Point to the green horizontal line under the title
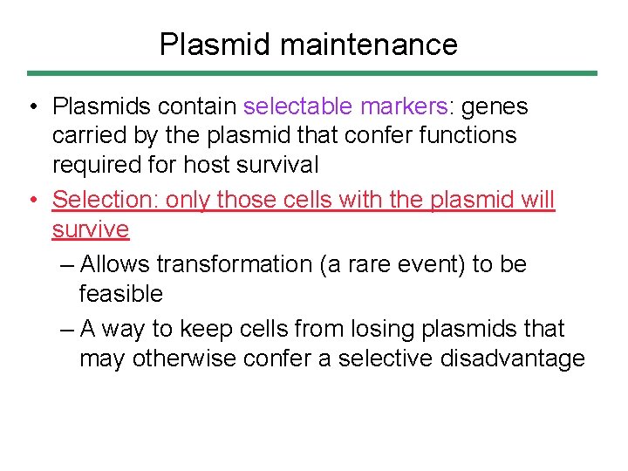pyautogui.click(x=312, y=73)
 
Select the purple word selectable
pyautogui.click(x=297, y=106)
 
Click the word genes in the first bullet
pyautogui.click(x=495, y=106)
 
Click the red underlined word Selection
pyautogui.click(x=103, y=200)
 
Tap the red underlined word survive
pyautogui.click(x=91, y=229)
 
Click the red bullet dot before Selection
pyautogui.click(x=32, y=200)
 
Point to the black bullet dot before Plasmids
pyautogui.click(x=32, y=106)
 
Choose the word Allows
pyautogui.click(x=114, y=264)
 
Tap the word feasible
pyautogui.click(x=121, y=294)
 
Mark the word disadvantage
pyautogui.click(x=516, y=358)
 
